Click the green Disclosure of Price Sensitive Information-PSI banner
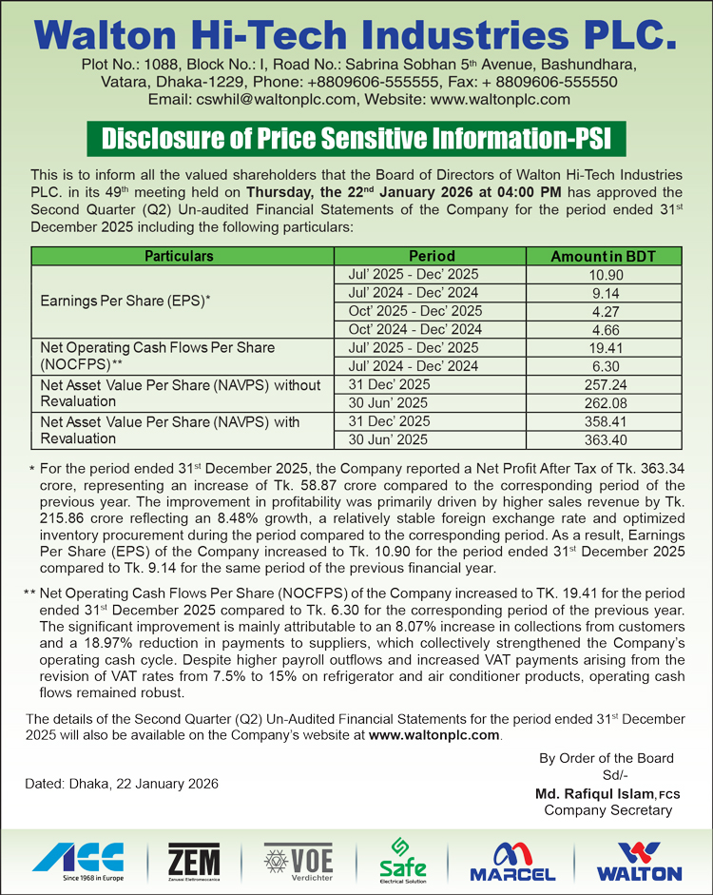coord(356,139)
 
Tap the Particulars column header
coord(179,256)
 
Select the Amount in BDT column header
coord(616,256)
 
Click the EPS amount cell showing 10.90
coord(616,274)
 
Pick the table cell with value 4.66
coord(616,329)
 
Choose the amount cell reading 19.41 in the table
coord(616,348)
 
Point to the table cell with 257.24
coord(616,385)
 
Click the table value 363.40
coord(616,439)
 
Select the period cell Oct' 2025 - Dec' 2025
coord(414,311)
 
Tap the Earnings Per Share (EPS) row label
coord(125,302)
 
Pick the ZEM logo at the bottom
coord(193,861)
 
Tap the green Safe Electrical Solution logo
coord(402,860)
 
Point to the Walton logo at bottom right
coord(638,861)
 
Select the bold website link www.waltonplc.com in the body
coord(434,735)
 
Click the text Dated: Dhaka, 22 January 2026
coord(123,784)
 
